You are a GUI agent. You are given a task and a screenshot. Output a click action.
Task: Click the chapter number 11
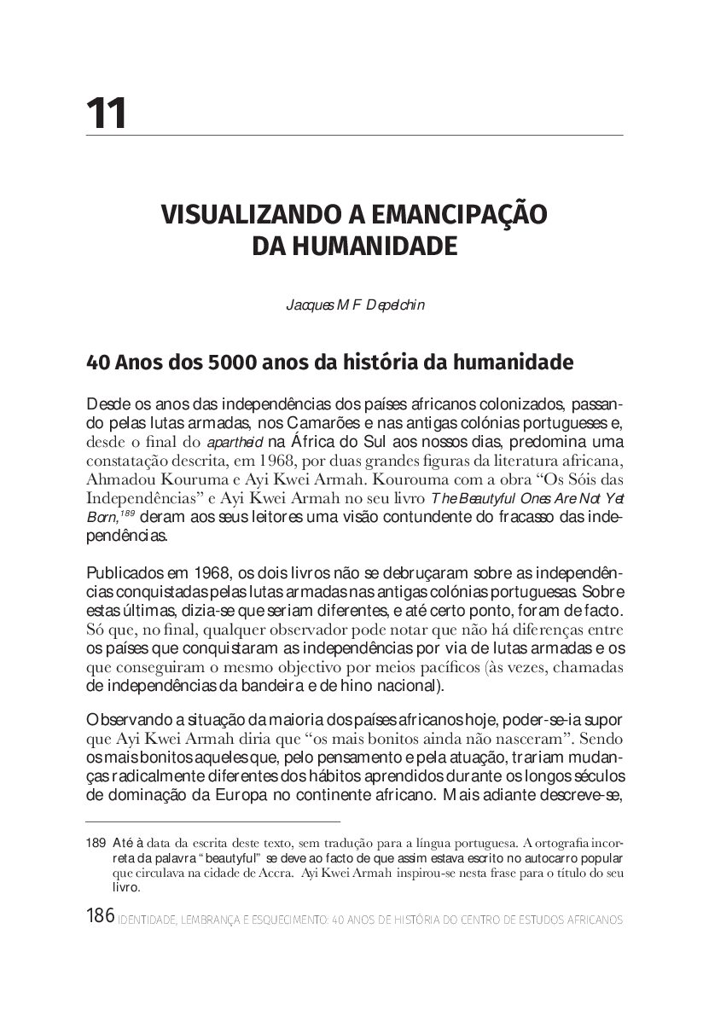[x=107, y=113]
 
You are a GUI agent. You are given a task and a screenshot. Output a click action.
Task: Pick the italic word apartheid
[x=230, y=442]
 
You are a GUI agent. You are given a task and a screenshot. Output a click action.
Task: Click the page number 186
[x=100, y=918]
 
